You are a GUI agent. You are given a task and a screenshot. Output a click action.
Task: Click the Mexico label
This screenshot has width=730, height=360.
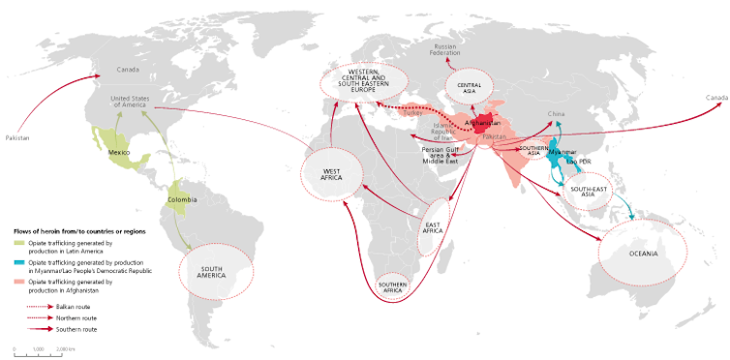click(x=118, y=153)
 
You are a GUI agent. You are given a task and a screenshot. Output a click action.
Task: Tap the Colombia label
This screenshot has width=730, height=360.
click(x=182, y=199)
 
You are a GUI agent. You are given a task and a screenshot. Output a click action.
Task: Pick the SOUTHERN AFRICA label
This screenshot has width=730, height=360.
click(x=392, y=285)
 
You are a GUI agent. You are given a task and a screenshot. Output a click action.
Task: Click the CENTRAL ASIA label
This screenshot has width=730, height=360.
click(x=469, y=85)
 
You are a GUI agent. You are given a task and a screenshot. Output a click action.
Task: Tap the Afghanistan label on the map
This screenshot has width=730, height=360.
click(x=483, y=124)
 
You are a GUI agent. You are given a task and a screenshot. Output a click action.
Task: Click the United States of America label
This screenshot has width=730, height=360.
click(x=133, y=102)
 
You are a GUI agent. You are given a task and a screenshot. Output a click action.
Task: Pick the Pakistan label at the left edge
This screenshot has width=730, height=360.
click(x=17, y=138)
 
